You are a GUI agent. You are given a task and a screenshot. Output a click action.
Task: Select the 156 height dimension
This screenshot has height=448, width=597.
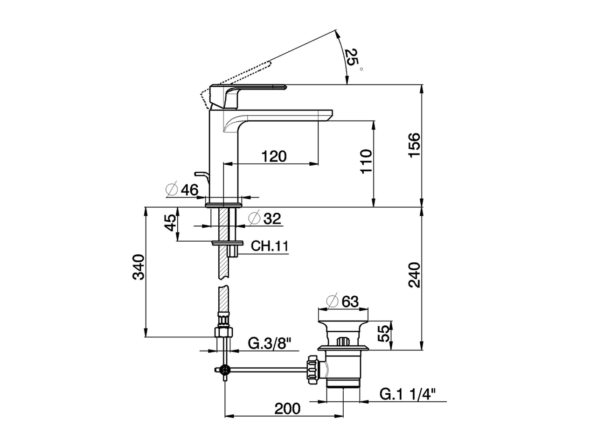point(414,145)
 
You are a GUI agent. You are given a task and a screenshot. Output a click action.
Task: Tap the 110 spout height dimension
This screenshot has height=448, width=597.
point(367,161)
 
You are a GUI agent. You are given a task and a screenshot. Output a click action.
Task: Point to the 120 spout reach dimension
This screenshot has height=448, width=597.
point(274,156)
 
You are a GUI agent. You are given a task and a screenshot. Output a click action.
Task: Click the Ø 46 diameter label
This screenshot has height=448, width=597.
point(182,189)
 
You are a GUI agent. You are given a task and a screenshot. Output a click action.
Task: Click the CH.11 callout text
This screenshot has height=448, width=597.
point(270,246)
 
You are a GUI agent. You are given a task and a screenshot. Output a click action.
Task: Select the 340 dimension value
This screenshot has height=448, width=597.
point(139,267)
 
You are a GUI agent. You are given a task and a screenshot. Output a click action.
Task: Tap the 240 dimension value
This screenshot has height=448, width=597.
point(414,275)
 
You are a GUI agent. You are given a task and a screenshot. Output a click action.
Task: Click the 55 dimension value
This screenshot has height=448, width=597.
point(383,334)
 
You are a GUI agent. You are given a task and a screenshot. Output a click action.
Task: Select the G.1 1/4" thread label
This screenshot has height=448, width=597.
point(407,394)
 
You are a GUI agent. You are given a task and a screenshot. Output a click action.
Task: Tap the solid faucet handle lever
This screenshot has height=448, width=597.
point(247,88)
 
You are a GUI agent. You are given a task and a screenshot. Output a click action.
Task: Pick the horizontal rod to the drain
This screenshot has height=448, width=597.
point(266,370)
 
